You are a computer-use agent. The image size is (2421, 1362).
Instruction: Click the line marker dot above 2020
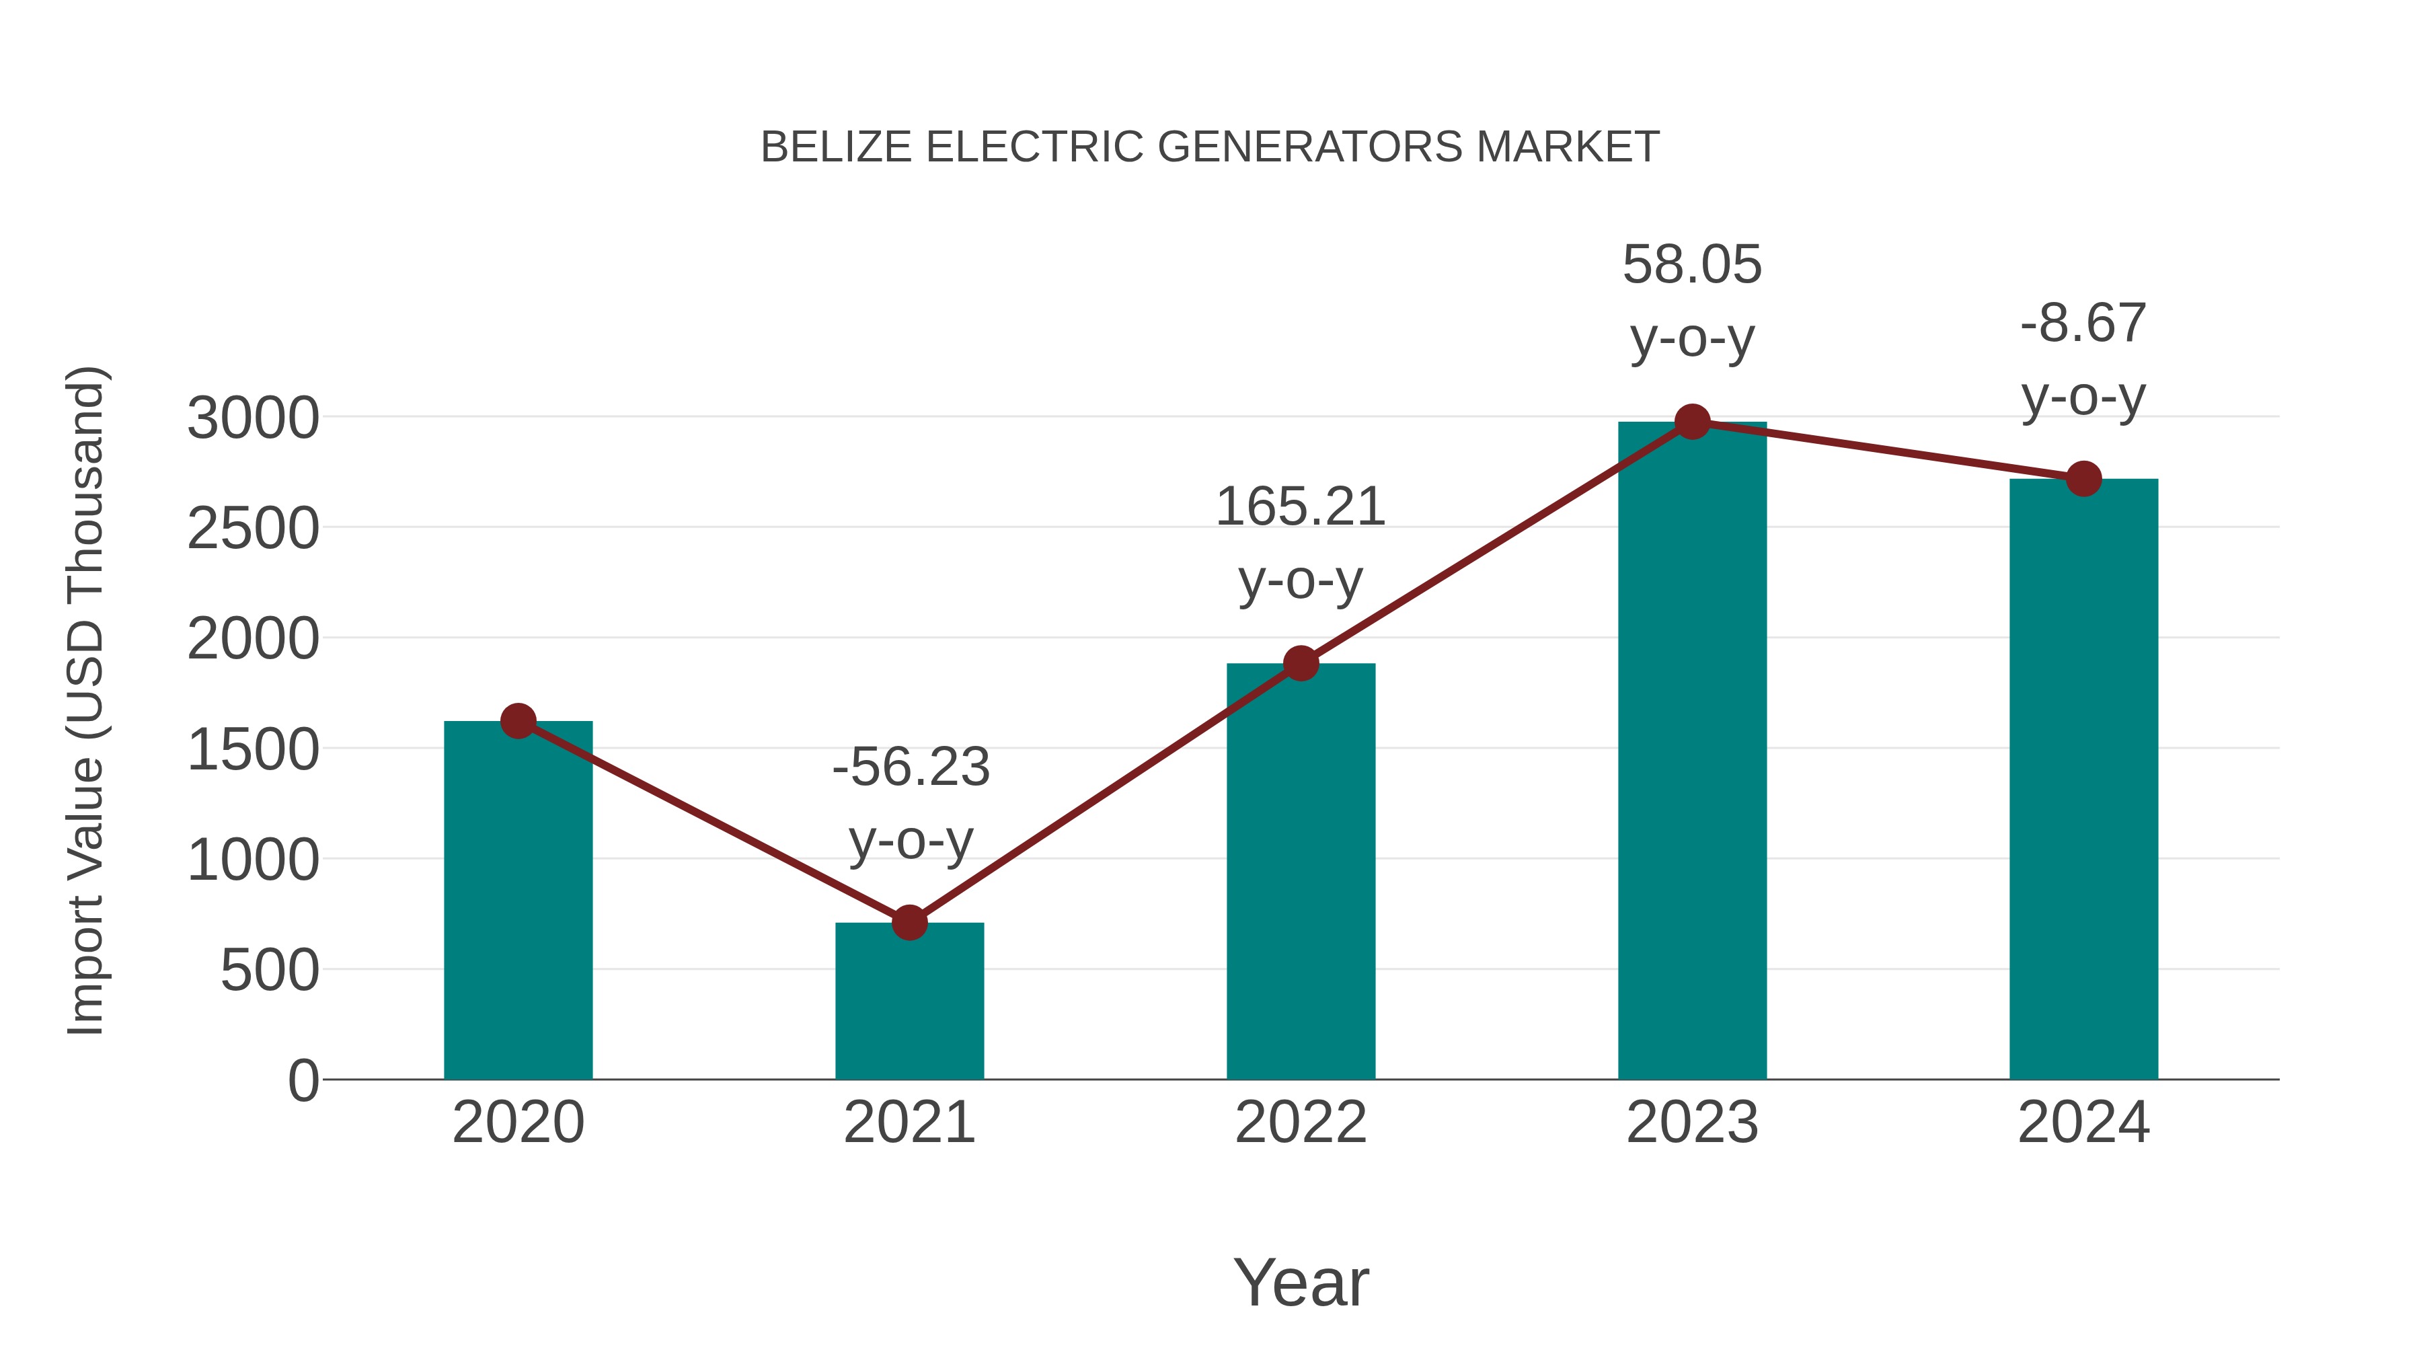pos(518,721)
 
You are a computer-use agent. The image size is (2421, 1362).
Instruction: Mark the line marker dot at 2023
pos(1692,422)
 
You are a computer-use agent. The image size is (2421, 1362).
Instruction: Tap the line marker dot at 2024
pos(2083,478)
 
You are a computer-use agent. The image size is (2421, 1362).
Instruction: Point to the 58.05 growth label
pos(1692,301)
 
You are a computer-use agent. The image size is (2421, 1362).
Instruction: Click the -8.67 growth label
pos(2083,359)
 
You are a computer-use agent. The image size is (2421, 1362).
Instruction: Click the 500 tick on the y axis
pos(270,970)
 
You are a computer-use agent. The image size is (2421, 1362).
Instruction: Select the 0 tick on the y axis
pos(303,1080)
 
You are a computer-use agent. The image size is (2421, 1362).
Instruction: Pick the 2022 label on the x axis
pos(1301,1123)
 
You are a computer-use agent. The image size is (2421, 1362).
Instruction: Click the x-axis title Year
pos(1301,1282)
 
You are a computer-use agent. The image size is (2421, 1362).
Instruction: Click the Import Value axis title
pos(87,700)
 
